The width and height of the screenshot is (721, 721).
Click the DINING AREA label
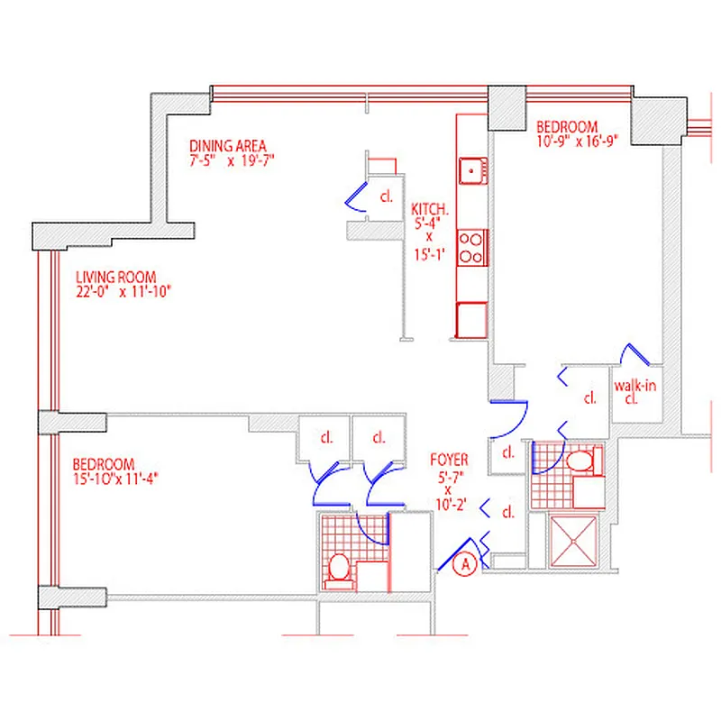coord(228,146)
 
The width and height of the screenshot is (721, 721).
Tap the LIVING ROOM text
coord(116,277)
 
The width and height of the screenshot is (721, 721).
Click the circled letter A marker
coord(465,565)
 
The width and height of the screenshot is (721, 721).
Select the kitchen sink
coord(471,169)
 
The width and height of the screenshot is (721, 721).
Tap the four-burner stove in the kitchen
coord(471,247)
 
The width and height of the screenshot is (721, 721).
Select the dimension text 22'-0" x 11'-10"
coord(123,291)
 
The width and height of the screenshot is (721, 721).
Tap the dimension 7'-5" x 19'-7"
coord(231,161)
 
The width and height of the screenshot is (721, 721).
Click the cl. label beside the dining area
coord(386,196)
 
